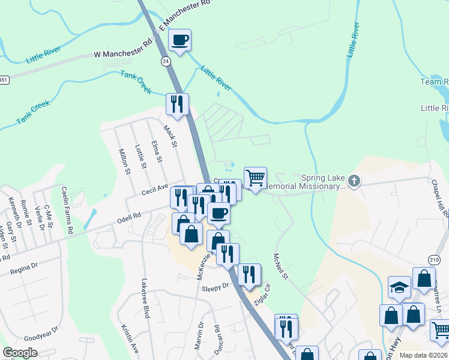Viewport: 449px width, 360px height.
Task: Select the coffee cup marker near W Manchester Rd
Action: tap(179, 41)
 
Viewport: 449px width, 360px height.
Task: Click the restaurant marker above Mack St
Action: tap(177, 104)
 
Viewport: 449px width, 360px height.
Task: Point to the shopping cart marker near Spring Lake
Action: tap(255, 178)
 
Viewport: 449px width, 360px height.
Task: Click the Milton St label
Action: tap(125, 161)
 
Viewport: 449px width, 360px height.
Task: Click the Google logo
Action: tap(20, 353)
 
